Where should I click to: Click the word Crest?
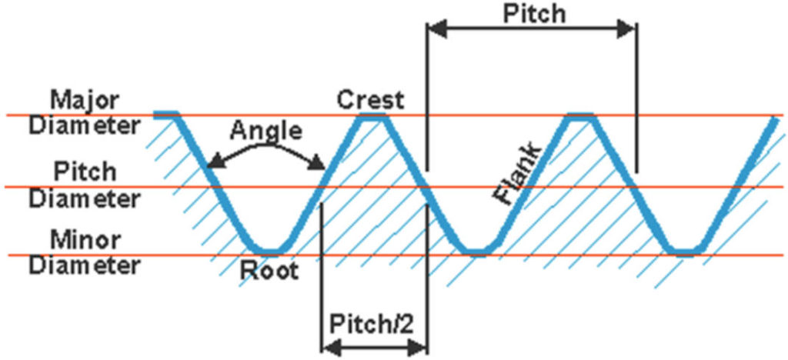(369, 99)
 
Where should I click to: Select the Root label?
(269, 272)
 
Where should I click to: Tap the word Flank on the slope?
(517, 173)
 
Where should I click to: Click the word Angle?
(265, 130)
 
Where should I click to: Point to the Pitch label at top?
(533, 13)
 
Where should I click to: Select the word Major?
(84, 101)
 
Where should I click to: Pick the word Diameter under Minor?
(85, 266)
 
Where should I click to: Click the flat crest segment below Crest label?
(372, 115)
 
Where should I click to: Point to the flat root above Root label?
(269, 252)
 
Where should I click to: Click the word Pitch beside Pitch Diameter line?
(85, 170)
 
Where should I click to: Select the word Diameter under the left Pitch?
(85, 198)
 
